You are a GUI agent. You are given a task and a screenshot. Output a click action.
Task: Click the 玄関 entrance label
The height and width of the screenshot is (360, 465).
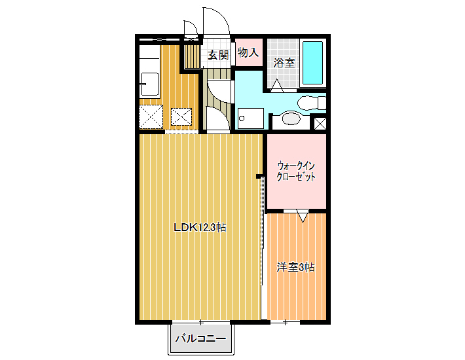[x=218, y=55]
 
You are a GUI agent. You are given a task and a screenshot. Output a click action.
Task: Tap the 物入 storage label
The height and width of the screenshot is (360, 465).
[x=248, y=53]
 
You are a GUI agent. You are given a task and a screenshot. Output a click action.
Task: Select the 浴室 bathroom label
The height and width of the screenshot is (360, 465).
[x=284, y=63]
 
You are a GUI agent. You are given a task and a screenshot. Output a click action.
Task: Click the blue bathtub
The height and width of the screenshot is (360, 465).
[x=312, y=63]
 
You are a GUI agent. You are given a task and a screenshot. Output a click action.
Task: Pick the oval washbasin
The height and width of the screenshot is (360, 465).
[x=291, y=119]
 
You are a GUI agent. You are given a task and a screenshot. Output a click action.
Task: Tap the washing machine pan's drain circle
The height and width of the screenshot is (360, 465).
[x=242, y=118]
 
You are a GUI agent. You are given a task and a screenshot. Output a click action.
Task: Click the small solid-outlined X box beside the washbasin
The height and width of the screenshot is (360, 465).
[x=320, y=123]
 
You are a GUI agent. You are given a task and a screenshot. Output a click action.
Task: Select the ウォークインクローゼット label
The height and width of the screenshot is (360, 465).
[x=295, y=171]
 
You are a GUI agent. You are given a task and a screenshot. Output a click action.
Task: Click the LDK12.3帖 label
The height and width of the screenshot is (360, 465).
[x=200, y=227]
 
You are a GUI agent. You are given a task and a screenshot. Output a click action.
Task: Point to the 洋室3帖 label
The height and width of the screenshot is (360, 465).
[x=295, y=268]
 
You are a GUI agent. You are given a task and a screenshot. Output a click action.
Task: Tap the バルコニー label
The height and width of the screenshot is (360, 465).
[x=201, y=338]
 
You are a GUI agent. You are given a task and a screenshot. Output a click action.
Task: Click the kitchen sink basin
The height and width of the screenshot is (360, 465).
[x=149, y=84]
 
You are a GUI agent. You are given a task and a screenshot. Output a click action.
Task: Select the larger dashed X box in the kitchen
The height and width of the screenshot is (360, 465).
[x=151, y=117]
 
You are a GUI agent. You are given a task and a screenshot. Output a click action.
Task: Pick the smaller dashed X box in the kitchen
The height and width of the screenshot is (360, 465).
[x=181, y=117]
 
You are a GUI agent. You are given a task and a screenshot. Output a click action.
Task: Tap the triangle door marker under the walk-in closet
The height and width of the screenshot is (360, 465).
[x=303, y=216]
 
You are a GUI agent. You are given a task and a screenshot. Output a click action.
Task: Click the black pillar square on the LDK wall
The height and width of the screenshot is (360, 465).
[x=258, y=177]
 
